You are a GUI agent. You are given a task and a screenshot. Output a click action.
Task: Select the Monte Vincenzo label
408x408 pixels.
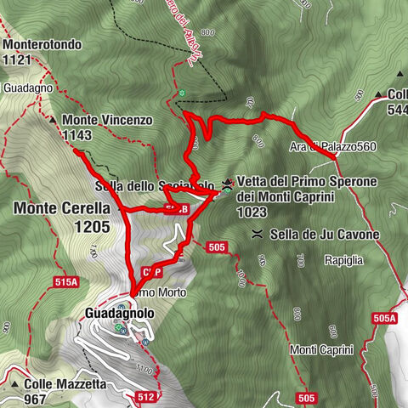[x=106, y=121]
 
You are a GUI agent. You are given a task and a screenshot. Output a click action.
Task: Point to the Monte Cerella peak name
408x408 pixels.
[x=62, y=207]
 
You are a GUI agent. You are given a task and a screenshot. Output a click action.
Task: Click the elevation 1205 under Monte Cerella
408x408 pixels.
[x=92, y=227]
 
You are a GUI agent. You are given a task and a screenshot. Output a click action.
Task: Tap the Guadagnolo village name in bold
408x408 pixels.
[x=121, y=314]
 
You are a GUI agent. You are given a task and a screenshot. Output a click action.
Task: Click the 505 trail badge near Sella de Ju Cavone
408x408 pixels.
[x=217, y=247]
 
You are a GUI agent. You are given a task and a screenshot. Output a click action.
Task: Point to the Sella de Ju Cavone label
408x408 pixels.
[x=324, y=234]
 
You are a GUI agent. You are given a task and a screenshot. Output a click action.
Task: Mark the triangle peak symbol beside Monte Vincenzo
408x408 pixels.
[x=53, y=121]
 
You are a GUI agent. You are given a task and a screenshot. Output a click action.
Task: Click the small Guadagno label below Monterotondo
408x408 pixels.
[x=28, y=88]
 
